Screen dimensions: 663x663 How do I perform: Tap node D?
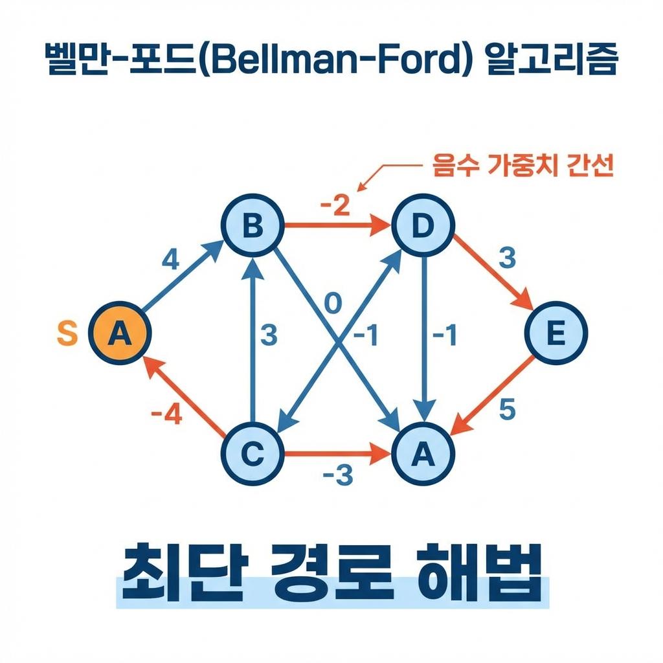[x=423, y=227]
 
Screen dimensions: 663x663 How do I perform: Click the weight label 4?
[x=170, y=261]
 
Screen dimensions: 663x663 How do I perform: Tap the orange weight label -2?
[x=334, y=207]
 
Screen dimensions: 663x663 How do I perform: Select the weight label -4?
[x=166, y=412]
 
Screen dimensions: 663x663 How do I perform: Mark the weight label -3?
[x=337, y=476]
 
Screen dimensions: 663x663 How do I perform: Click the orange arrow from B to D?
[x=337, y=227]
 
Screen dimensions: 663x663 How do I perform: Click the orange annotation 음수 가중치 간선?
[x=521, y=167]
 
